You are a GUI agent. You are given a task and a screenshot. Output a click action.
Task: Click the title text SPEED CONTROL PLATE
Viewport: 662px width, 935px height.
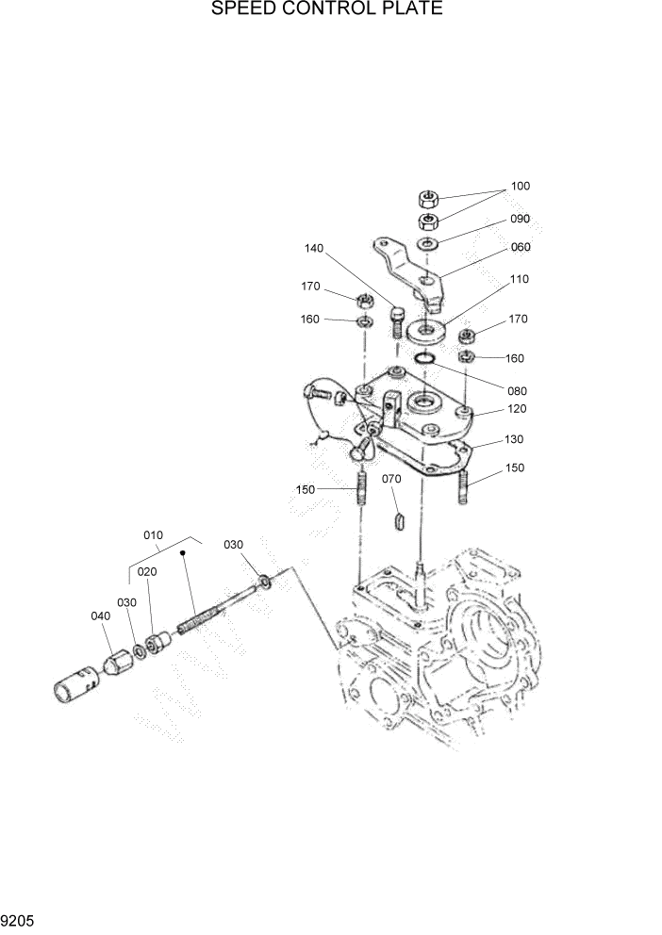(327, 10)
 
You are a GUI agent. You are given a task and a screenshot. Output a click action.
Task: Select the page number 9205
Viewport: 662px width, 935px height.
(18, 920)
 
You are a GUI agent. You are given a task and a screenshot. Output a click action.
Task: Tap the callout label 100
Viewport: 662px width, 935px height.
(521, 187)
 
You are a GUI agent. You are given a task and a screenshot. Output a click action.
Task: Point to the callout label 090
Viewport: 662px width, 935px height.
(521, 219)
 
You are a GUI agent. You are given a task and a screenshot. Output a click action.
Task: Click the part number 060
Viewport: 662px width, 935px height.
(521, 248)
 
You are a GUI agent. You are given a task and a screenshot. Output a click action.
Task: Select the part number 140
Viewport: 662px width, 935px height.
(313, 249)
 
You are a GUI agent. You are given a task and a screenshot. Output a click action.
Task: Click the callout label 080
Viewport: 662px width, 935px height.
(516, 390)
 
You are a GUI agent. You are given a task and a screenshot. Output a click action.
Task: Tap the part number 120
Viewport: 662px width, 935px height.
(516, 409)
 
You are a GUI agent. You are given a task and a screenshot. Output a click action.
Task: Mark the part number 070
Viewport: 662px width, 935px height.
(391, 480)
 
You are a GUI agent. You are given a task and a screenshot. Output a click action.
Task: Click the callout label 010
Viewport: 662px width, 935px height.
(154, 535)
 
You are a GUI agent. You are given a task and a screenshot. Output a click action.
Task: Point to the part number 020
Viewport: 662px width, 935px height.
(147, 571)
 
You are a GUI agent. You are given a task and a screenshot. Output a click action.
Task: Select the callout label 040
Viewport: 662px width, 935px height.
(101, 615)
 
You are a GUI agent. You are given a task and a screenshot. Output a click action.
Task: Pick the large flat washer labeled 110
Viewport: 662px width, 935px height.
(431, 331)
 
